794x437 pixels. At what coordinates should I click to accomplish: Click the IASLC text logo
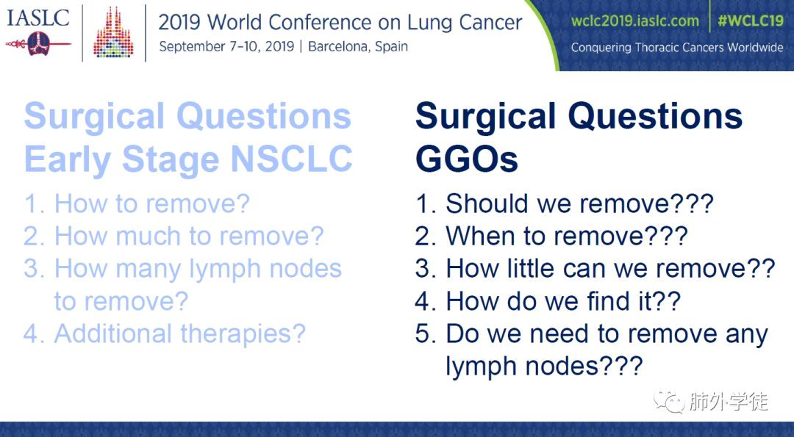pos(38,18)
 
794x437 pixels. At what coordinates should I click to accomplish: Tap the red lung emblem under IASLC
pos(38,44)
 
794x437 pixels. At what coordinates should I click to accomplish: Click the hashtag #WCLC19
pos(751,21)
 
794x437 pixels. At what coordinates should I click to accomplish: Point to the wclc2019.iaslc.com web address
pos(635,21)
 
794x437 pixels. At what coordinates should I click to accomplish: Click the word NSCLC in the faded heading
pos(291,159)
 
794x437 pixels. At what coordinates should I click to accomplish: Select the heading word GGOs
pos(466,159)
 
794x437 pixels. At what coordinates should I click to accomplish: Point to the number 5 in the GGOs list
pos(422,334)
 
